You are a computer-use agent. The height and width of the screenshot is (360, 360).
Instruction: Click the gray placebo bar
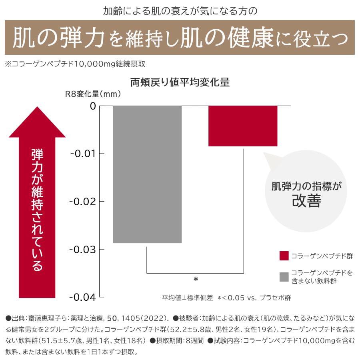(147, 174)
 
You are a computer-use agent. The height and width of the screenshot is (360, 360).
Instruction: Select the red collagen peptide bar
(243, 126)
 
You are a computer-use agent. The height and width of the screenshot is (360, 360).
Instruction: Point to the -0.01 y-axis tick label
(83, 154)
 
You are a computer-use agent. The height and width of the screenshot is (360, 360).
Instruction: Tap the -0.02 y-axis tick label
(83, 202)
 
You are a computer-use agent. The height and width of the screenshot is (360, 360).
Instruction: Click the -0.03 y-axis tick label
(83, 250)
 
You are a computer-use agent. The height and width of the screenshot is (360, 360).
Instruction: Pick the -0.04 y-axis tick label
(83, 298)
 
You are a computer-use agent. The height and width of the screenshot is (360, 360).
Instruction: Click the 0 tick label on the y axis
(93, 106)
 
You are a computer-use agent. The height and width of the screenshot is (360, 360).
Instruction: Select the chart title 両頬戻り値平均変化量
(180, 83)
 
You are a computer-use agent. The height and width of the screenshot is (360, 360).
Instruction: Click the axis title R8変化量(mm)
(93, 95)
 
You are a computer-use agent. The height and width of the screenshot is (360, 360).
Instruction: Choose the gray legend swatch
(284, 276)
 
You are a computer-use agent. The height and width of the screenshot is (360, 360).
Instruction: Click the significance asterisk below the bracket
(196, 280)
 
